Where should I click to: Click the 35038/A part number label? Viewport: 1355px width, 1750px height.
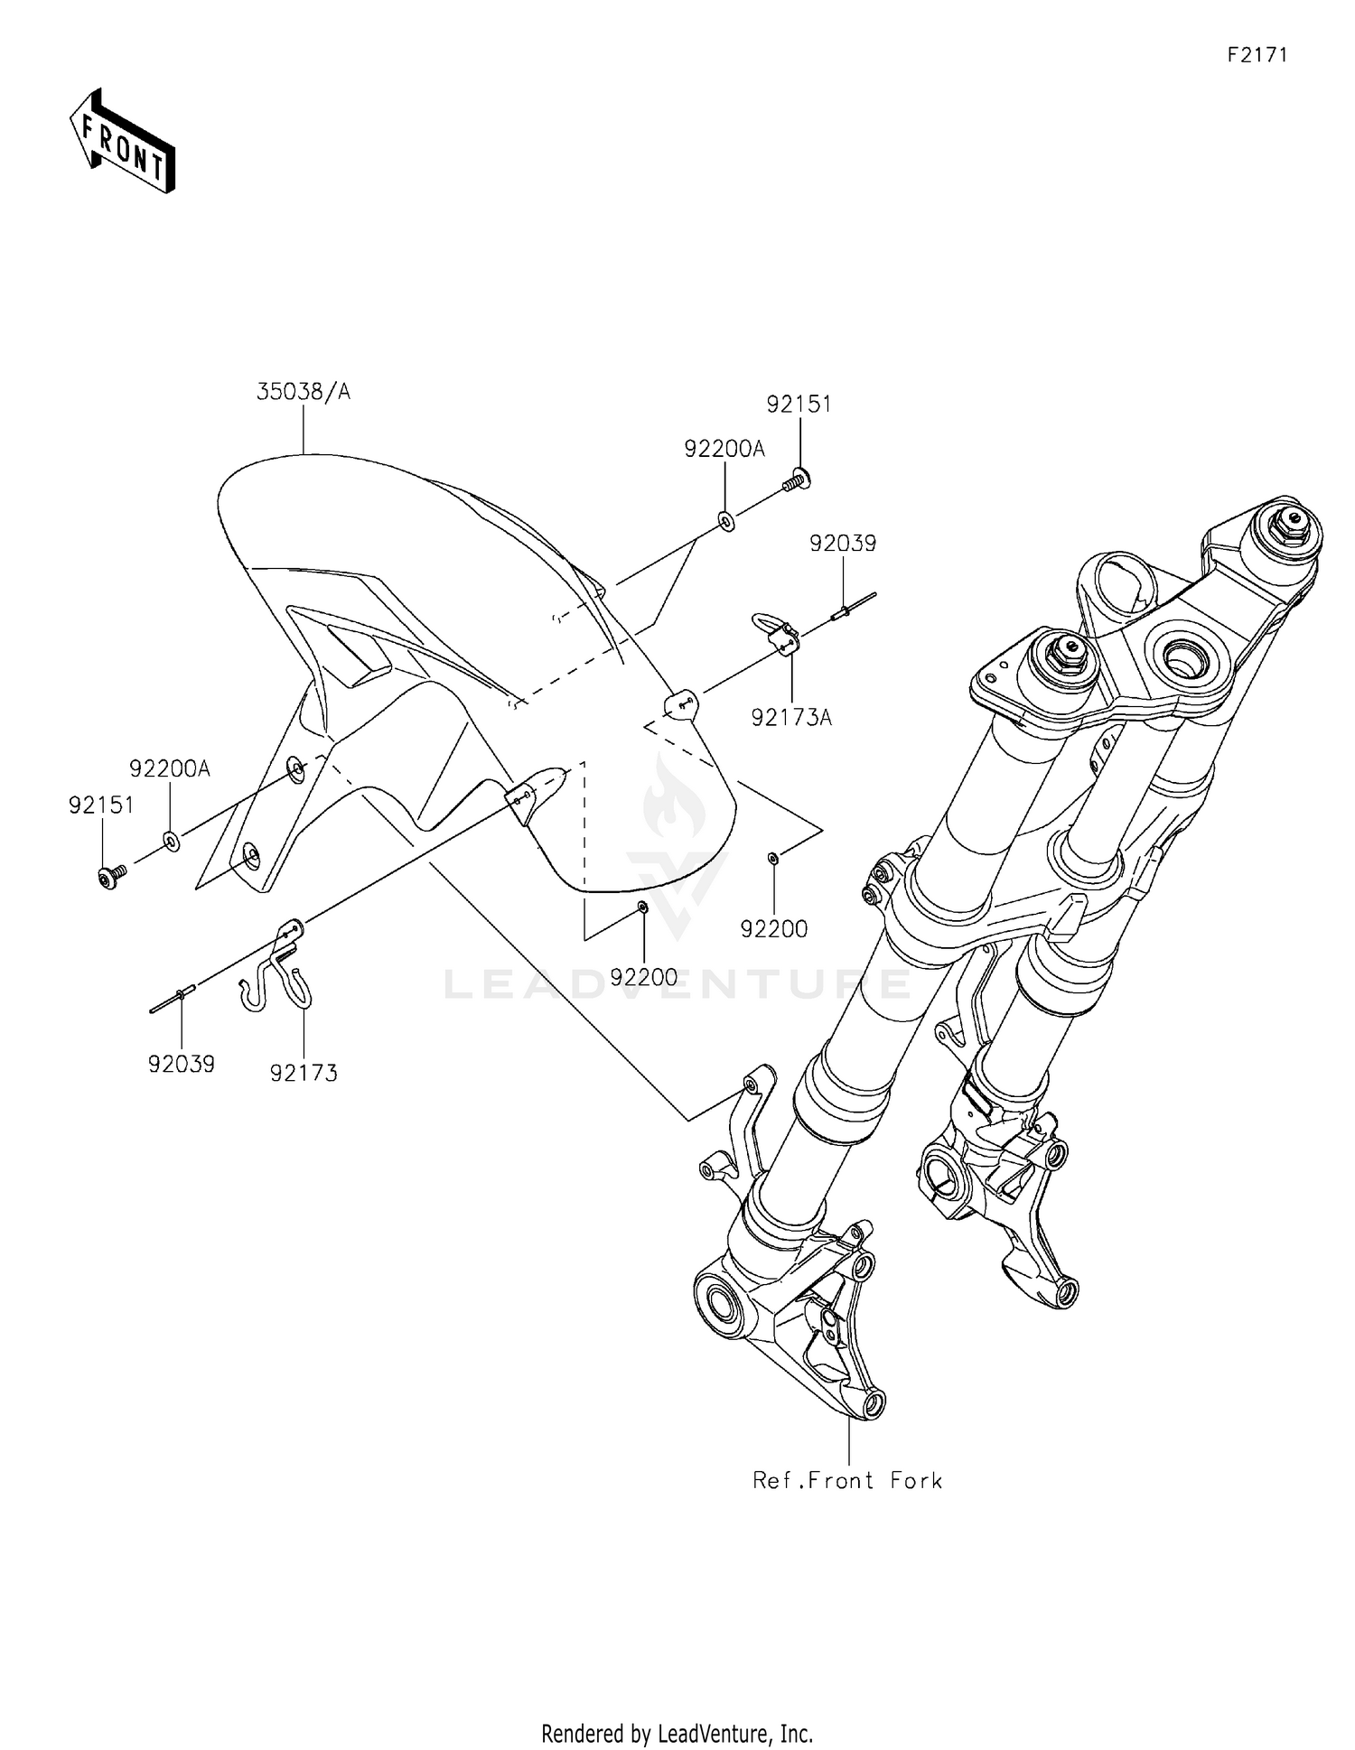(x=304, y=392)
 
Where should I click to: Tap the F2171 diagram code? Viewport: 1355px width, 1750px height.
(x=1257, y=55)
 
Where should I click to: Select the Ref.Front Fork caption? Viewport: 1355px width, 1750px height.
(x=847, y=1480)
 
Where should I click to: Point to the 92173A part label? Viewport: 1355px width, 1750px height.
(x=791, y=718)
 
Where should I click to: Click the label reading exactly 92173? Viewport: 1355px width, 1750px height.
(x=304, y=1073)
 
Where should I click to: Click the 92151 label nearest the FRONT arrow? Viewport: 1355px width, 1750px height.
(x=101, y=805)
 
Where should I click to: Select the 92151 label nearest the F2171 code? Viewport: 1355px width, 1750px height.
(x=799, y=404)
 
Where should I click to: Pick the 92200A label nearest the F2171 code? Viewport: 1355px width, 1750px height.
(x=724, y=449)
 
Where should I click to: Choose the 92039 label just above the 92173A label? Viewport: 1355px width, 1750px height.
(x=843, y=544)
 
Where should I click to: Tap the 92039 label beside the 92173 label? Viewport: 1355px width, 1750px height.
(x=182, y=1065)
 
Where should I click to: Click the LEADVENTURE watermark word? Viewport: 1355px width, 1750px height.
(x=677, y=983)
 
